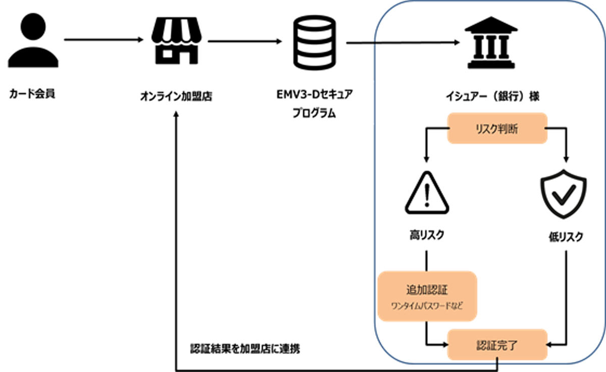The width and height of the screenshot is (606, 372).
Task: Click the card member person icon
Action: coord(33,40)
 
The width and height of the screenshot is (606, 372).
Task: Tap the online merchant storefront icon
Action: coord(176,40)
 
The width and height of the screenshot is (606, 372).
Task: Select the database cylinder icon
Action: coord(315,43)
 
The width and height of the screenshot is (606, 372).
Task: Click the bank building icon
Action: coord(491,42)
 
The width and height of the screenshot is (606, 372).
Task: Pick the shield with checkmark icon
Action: coord(564,193)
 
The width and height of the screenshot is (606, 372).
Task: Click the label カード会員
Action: coord(32,94)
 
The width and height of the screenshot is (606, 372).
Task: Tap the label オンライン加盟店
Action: coord(176,96)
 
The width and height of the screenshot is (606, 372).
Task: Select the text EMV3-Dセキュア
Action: coord(315,94)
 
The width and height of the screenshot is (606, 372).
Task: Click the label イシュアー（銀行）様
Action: coord(493,96)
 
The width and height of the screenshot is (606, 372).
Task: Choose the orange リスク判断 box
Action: coord(497,128)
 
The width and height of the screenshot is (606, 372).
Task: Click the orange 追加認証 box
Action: coord(427,296)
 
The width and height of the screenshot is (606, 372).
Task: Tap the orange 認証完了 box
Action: coord(497,345)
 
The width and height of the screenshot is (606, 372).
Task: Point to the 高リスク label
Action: coord(427,235)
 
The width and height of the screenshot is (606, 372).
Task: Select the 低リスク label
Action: coord(566,237)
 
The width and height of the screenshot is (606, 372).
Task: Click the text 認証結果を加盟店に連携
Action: coord(245,349)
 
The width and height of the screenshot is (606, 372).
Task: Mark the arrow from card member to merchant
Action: coord(104,40)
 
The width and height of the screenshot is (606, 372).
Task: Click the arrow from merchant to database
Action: coord(245,41)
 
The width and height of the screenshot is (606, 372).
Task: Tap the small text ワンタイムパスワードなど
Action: coord(427,306)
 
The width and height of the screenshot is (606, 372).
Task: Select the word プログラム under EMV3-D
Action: coord(314,113)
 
